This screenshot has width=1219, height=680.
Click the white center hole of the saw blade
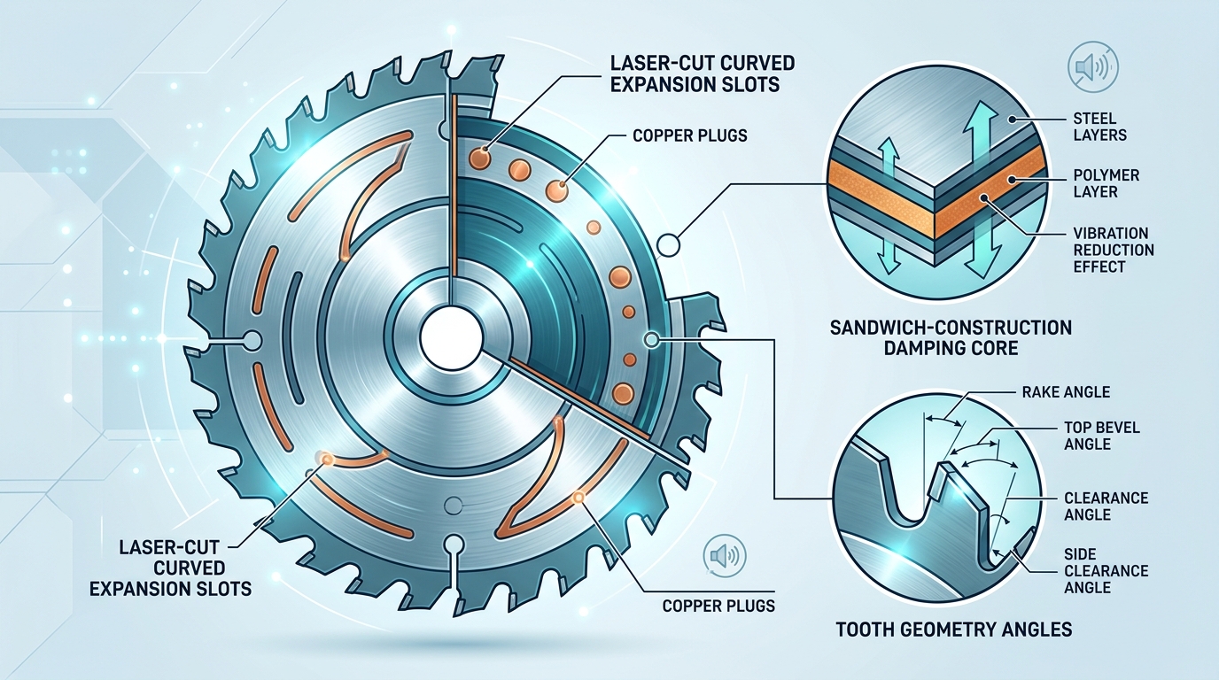[452, 339]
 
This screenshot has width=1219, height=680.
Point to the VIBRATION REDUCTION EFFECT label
[1113, 250]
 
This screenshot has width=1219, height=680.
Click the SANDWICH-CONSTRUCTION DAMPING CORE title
[951, 337]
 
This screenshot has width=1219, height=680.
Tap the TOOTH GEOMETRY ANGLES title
[954, 630]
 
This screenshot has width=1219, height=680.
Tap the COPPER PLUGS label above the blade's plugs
[690, 135]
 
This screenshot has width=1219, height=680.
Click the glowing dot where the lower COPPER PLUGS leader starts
[579, 498]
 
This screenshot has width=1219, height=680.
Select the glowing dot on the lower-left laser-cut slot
[325, 459]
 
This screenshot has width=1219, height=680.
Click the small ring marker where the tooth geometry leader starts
[653, 339]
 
